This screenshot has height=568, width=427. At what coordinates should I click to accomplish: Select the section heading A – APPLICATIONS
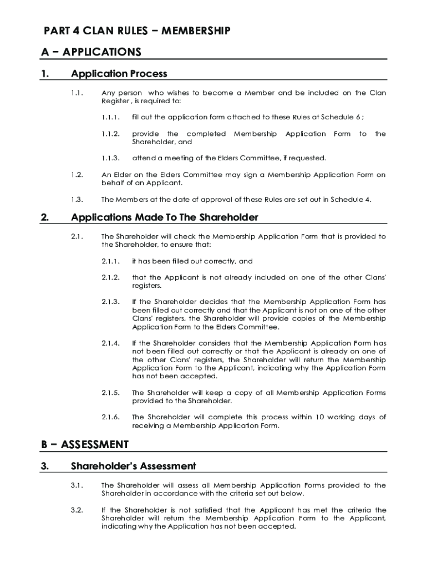click(x=91, y=52)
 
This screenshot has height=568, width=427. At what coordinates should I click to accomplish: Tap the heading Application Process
click(x=119, y=74)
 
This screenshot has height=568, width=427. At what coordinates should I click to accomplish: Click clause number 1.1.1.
click(x=110, y=118)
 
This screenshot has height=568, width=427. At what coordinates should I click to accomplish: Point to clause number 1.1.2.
click(x=110, y=134)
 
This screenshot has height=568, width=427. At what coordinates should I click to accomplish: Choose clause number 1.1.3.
click(x=110, y=158)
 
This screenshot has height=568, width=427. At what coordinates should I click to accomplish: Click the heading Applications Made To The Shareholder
click(x=165, y=217)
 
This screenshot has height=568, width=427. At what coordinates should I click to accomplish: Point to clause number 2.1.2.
click(x=110, y=277)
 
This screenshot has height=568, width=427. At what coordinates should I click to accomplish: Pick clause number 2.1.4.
click(x=110, y=343)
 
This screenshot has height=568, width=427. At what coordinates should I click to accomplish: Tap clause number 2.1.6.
click(x=110, y=417)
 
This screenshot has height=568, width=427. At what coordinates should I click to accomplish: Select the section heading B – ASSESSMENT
click(x=85, y=445)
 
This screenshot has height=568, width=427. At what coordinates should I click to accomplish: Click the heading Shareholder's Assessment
click(x=134, y=466)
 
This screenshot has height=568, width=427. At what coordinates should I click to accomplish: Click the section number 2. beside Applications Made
click(x=45, y=217)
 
